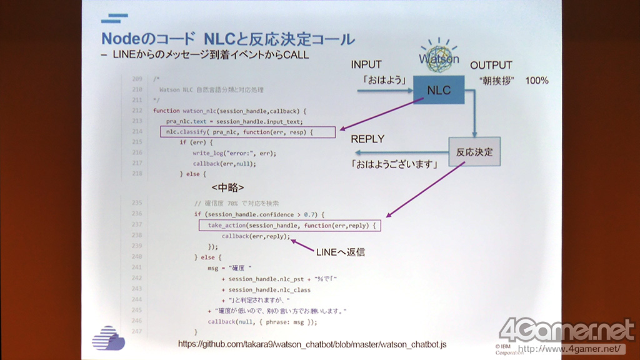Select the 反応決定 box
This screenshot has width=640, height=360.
(x=474, y=152)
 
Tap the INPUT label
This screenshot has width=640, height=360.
(x=366, y=65)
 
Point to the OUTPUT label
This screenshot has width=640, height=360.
(x=491, y=65)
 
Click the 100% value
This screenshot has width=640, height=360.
(x=536, y=81)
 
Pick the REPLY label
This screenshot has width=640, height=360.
(x=367, y=139)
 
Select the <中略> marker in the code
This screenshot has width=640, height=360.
(x=227, y=187)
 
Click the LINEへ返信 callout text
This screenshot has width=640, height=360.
(x=340, y=252)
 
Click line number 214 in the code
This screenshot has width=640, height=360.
(x=137, y=132)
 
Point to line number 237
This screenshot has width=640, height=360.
(x=137, y=224)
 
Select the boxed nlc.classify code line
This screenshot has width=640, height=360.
(x=247, y=132)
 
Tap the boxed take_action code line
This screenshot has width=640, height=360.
(x=290, y=225)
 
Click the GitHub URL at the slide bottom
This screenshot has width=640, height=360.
(x=312, y=344)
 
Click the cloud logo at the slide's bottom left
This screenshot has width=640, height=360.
(x=108, y=337)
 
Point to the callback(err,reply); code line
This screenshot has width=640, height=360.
(x=256, y=236)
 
